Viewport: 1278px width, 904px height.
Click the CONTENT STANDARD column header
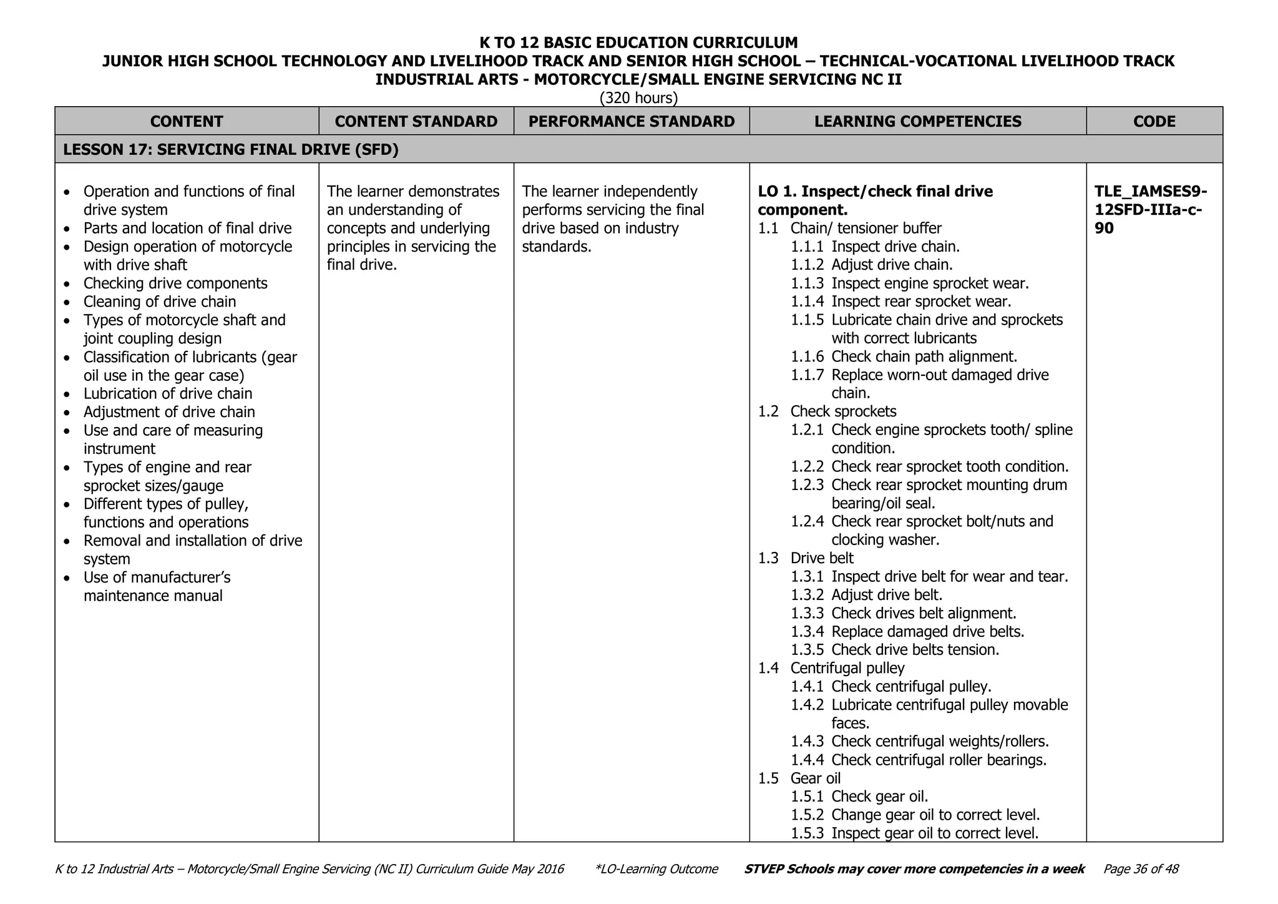(x=416, y=121)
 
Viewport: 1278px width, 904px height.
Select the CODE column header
(x=1154, y=121)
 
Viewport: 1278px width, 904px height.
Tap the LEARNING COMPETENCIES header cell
(x=917, y=121)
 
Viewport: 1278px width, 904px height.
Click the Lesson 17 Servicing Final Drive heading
(x=231, y=150)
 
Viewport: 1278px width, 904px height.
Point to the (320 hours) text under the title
(x=638, y=98)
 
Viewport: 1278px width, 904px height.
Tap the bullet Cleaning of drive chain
(x=160, y=302)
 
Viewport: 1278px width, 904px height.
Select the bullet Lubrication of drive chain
(x=168, y=393)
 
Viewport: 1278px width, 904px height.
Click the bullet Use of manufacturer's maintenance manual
(x=157, y=586)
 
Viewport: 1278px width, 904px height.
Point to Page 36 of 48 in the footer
(x=1141, y=869)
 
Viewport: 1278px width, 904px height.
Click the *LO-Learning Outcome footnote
(x=656, y=869)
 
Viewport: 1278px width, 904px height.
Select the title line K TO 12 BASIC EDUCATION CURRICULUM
(x=638, y=42)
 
